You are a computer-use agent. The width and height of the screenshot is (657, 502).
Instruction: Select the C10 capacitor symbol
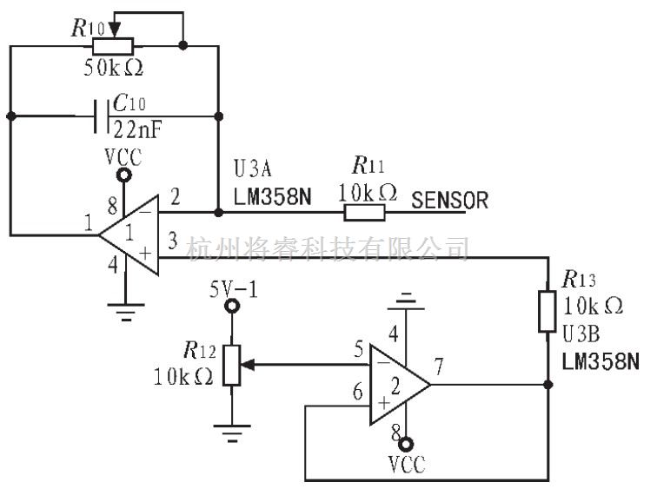click(101, 116)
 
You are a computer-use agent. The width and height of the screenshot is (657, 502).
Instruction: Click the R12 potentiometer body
click(231, 366)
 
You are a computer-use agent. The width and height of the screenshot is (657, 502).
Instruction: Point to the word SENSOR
click(449, 201)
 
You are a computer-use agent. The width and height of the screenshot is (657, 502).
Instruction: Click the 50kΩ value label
click(114, 69)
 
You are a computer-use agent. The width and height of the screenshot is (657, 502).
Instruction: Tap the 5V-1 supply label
click(234, 286)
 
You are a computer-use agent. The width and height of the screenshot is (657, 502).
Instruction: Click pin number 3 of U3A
click(172, 240)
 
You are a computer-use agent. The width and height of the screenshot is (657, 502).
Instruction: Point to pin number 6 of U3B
click(357, 392)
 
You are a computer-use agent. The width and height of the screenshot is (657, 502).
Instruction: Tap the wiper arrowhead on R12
click(247, 366)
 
